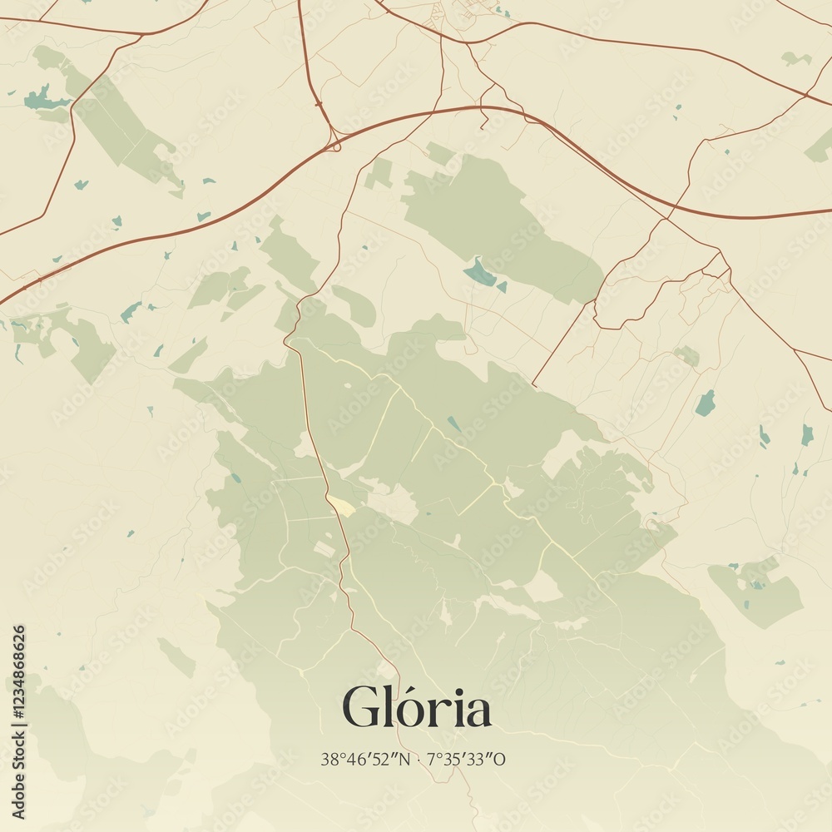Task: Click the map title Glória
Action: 416,709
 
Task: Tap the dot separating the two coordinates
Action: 418,759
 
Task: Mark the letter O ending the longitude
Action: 501,759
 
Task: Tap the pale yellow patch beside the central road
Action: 341,505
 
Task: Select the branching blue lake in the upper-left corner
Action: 43,101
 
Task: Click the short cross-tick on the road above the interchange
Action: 318,103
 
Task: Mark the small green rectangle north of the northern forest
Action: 380,173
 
